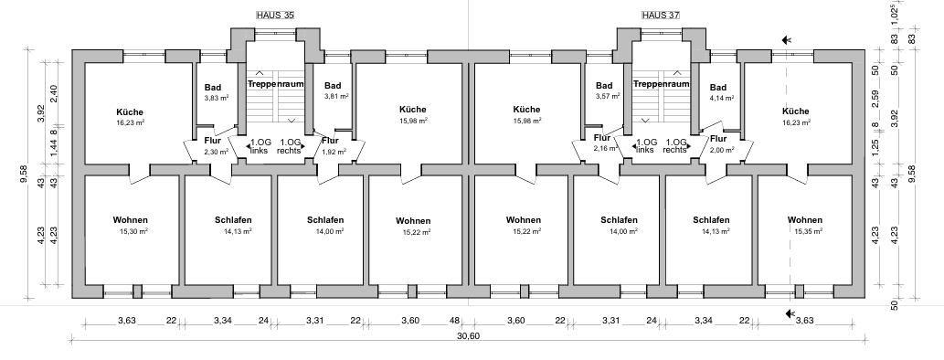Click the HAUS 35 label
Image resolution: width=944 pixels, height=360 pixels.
tap(276, 16)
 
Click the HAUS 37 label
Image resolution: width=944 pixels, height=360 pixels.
tap(663, 16)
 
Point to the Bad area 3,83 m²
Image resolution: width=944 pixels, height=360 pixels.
tap(216, 98)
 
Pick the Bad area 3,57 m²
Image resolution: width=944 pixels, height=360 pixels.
tap(604, 96)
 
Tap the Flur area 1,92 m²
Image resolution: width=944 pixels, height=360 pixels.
tap(331, 153)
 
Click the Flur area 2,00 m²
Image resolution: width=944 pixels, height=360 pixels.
tap(721, 150)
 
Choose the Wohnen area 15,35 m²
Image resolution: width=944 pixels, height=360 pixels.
tap(805, 232)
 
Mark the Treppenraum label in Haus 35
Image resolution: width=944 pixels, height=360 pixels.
tap(276, 84)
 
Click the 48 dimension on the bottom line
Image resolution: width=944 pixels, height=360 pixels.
tap(453, 320)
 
